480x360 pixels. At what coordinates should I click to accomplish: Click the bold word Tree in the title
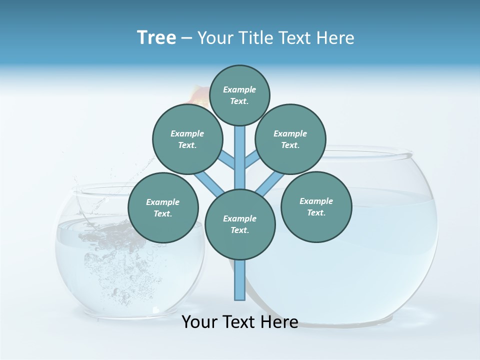[x=156, y=37]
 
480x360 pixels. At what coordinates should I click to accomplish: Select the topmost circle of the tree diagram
[x=239, y=95]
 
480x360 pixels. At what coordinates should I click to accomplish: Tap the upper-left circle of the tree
[x=187, y=139]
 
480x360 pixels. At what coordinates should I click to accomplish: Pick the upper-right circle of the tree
[x=290, y=139]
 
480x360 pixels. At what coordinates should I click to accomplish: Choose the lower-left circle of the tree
[x=163, y=207]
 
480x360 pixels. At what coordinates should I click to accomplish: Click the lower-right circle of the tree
[x=316, y=206]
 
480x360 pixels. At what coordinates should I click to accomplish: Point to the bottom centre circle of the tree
[x=240, y=224]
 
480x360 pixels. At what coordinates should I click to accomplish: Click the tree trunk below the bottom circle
[x=240, y=280]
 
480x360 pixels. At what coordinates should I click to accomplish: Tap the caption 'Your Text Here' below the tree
[x=240, y=322]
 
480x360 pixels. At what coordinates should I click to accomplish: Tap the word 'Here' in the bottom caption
[x=280, y=322]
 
